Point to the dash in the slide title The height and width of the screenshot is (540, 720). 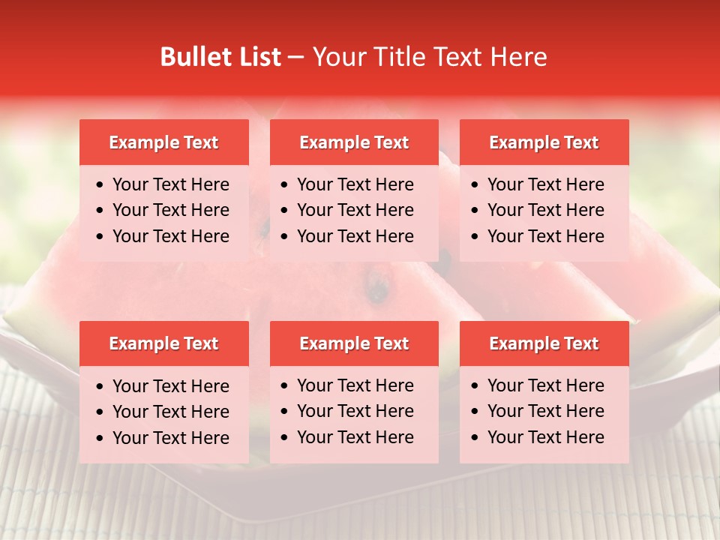pos(296,57)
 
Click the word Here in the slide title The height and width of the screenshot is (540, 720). pos(518,57)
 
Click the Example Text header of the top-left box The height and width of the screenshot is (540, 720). pos(163,142)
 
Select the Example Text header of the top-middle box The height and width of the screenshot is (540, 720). pos(354,142)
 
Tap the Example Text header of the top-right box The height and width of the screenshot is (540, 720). pos(544,142)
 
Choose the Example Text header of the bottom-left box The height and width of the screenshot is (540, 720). pos(163,343)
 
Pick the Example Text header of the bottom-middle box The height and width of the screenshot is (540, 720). pos(354,343)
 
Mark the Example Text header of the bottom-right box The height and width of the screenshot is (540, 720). pos(544,343)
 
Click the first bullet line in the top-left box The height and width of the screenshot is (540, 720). pos(170,184)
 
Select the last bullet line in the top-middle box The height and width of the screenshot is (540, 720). pos(355,236)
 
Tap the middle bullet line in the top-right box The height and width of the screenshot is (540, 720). pos(545,210)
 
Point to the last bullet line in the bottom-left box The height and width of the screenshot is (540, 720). pos(170,438)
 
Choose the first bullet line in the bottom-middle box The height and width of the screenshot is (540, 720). pos(355,385)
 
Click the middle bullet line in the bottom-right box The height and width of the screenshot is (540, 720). pos(545,411)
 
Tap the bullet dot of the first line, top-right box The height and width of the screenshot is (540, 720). pos(475,185)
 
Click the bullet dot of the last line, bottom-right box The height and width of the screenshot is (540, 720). pos(475,438)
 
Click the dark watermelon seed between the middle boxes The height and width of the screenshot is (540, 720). pos(377,288)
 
